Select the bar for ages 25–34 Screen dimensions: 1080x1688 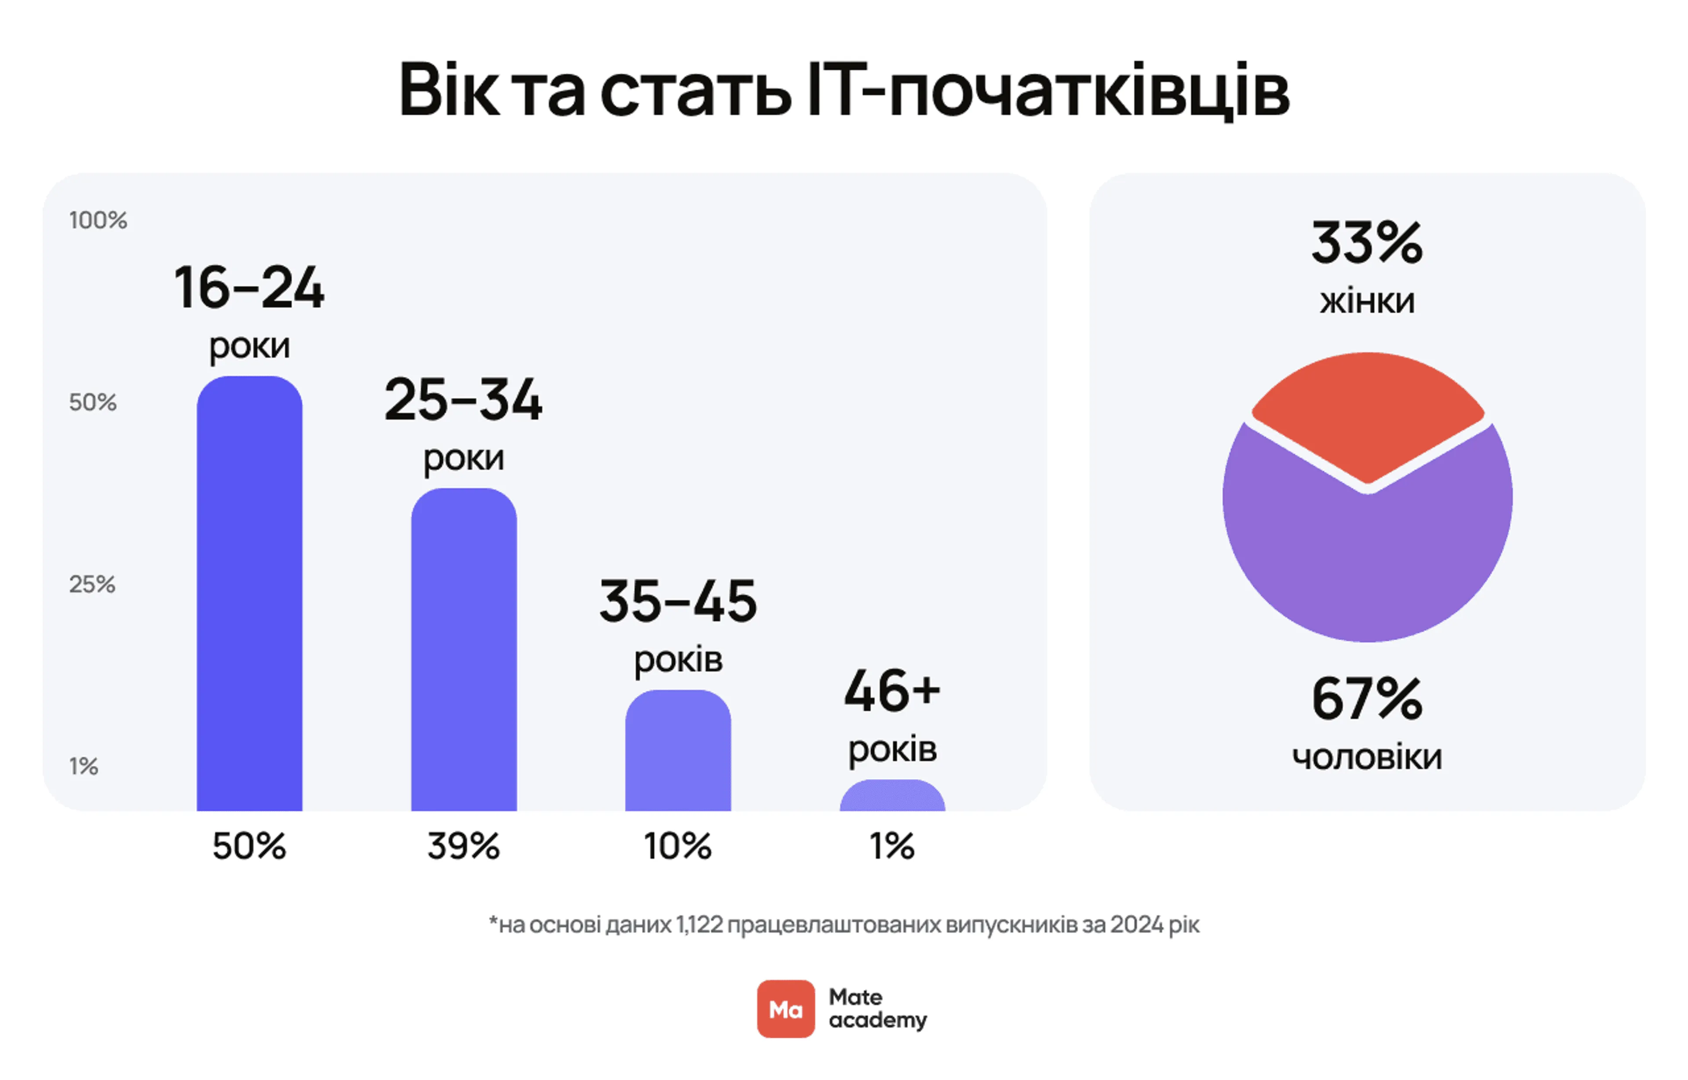click(464, 652)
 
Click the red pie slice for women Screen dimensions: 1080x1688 click(1368, 414)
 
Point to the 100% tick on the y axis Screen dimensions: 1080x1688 click(98, 220)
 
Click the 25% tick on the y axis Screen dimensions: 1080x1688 click(92, 584)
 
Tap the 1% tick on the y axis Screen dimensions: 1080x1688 click(84, 766)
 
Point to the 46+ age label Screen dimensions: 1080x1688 click(892, 691)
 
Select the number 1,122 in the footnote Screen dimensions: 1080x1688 click(699, 925)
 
